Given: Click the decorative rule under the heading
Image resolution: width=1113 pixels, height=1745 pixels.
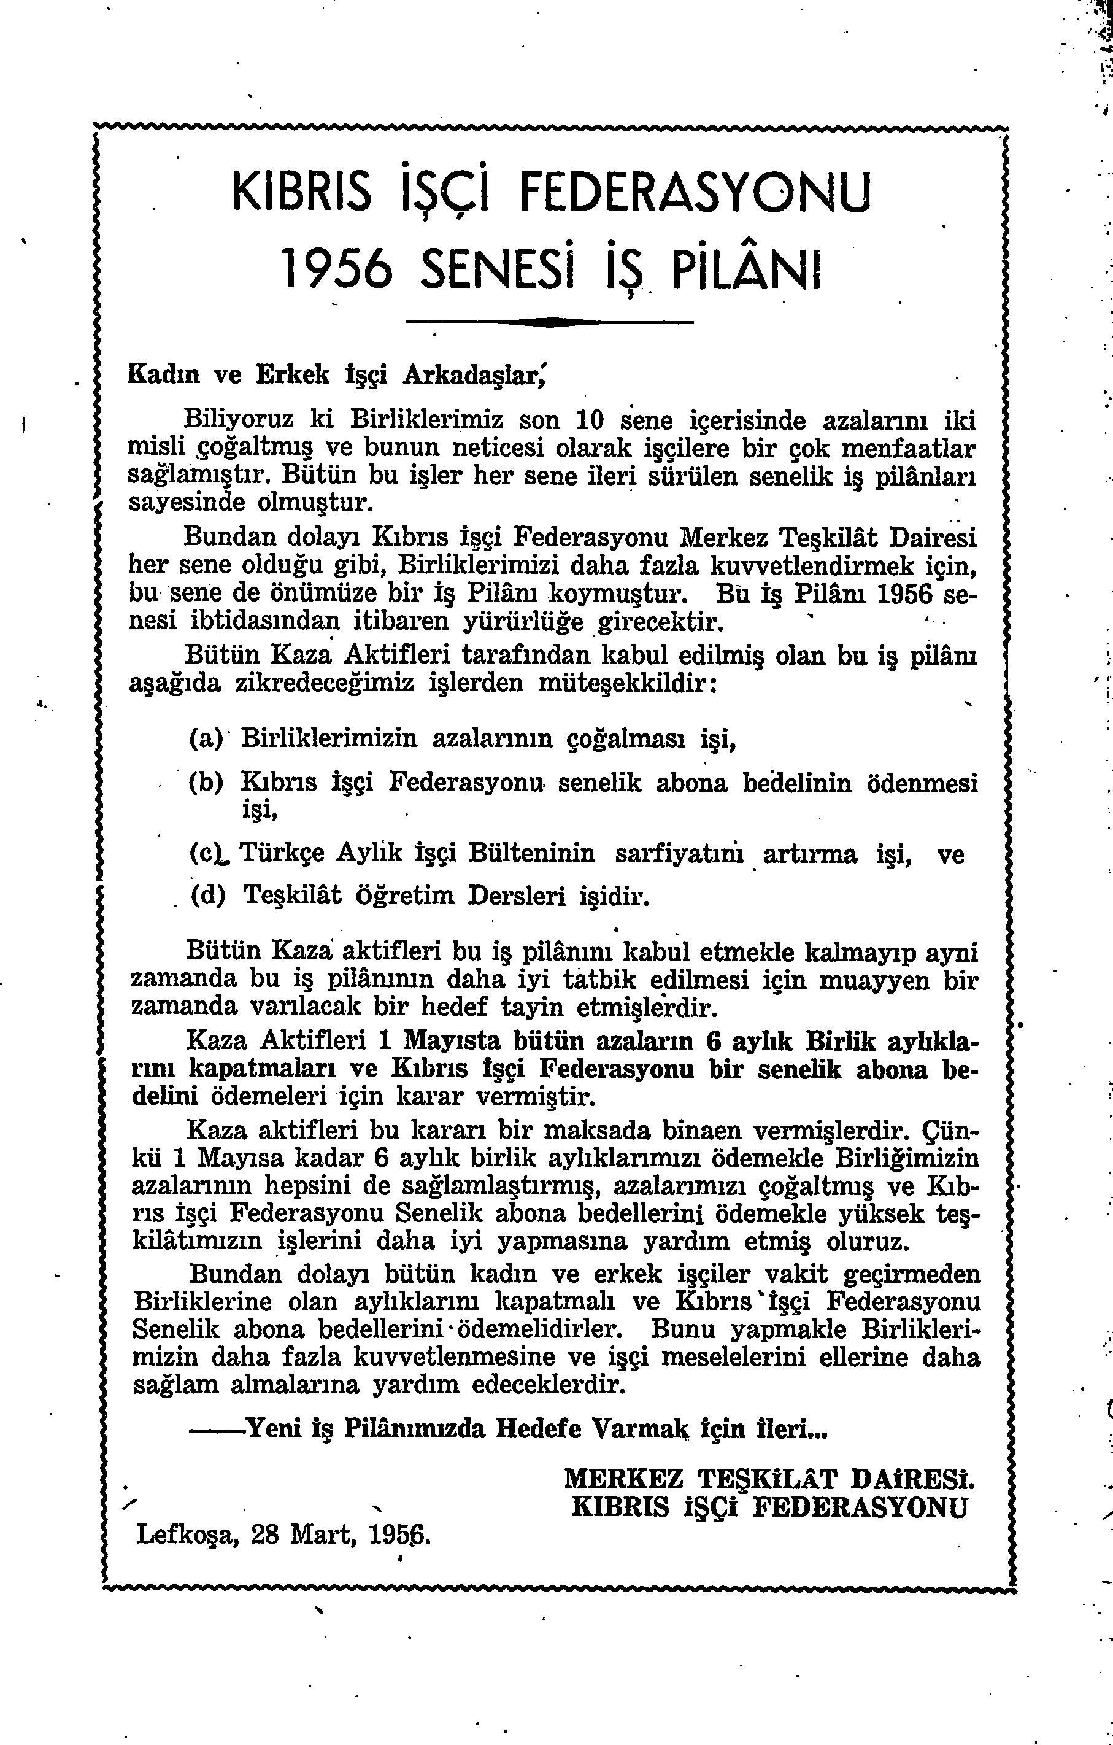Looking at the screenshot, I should (549, 321).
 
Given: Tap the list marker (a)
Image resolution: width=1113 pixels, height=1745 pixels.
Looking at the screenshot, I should (206, 739).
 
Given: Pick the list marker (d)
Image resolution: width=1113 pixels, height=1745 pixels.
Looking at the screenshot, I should (208, 896).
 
